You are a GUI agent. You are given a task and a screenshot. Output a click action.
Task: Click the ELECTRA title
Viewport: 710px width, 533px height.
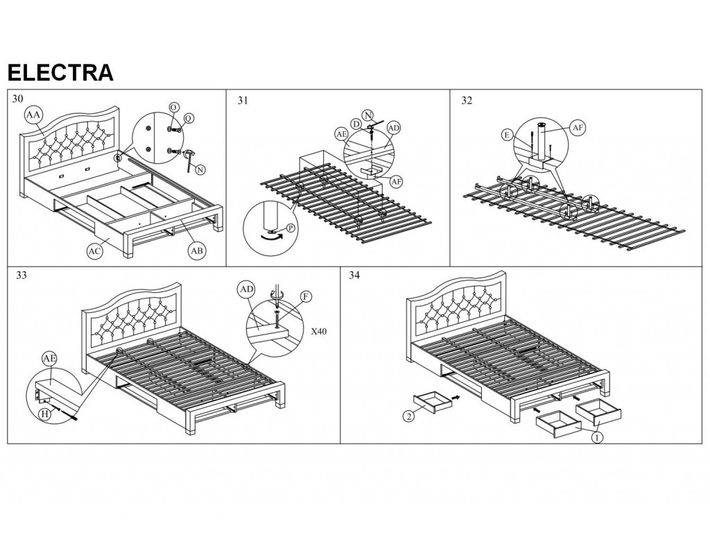tap(60, 71)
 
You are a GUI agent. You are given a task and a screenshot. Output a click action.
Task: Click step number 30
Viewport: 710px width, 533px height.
tap(18, 99)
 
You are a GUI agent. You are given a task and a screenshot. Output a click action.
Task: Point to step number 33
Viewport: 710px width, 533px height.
tap(21, 276)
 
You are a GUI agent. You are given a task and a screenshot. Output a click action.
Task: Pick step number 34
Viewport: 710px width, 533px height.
tap(355, 276)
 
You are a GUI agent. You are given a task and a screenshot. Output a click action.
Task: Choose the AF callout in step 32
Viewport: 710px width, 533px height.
tap(578, 127)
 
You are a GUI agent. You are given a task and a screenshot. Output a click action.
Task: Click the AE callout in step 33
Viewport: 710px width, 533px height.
tap(49, 358)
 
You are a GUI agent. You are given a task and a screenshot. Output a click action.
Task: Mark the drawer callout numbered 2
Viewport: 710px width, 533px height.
tap(409, 416)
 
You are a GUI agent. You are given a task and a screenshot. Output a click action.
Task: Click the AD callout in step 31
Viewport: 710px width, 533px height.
tap(393, 128)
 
